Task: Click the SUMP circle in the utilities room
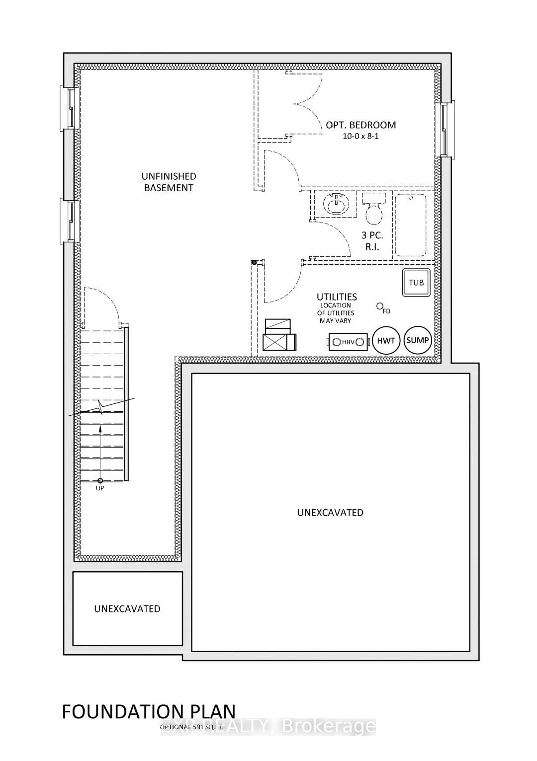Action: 418,340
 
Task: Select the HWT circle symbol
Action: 386,340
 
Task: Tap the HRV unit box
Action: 348,342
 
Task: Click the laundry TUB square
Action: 416,283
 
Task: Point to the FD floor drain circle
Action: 380,306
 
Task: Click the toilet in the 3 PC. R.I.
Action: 374,211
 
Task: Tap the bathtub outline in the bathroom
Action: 410,225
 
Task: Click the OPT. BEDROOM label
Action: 360,125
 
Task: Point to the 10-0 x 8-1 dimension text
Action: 360,136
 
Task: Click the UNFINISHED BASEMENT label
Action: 169,182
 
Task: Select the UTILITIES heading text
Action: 337,297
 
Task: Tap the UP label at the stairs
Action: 100,488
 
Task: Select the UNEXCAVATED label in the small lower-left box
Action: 127,609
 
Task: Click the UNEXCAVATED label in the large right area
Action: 330,512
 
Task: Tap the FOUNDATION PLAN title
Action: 149,711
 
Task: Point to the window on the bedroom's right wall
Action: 445,130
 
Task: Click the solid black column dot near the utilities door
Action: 254,262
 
